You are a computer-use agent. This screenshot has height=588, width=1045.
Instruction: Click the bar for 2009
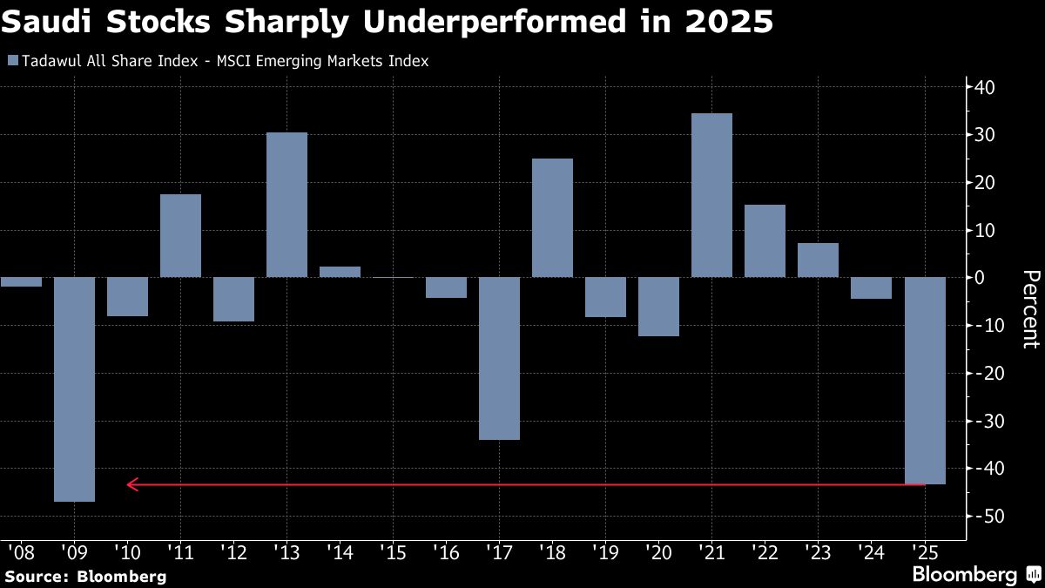tap(74, 389)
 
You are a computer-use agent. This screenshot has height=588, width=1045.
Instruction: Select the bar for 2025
tap(925, 381)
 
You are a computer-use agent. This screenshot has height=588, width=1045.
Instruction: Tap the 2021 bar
tap(711, 196)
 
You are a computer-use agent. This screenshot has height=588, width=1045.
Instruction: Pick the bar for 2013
tap(287, 205)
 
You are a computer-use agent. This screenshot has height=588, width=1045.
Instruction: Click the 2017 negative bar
tap(499, 358)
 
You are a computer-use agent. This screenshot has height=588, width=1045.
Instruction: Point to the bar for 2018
tap(552, 218)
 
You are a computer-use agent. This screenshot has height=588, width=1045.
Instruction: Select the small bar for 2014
tap(340, 272)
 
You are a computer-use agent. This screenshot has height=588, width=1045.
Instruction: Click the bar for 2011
tap(180, 235)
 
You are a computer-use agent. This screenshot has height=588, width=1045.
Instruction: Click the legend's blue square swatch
tap(11, 61)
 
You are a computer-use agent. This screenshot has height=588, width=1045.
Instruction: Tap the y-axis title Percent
tap(1029, 309)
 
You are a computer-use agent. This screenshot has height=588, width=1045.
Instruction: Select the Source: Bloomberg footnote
tap(85, 576)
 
